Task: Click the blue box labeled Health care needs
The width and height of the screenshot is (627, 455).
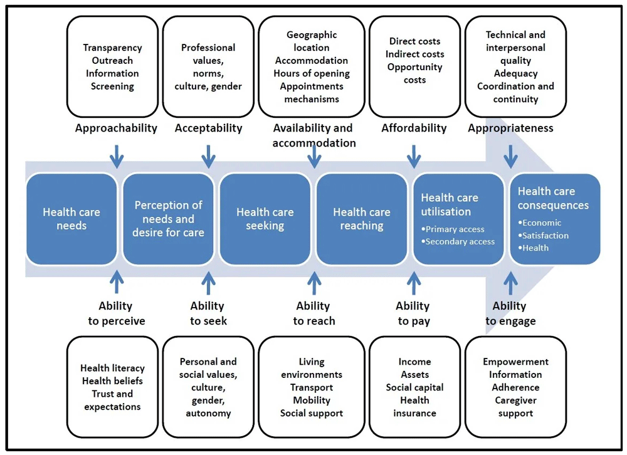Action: (x=71, y=219)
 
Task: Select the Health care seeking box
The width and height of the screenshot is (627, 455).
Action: (x=265, y=219)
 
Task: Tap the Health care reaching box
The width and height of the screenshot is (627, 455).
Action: (x=362, y=219)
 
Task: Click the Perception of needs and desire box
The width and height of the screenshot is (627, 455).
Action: (x=168, y=219)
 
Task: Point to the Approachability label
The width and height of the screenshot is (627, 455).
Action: (x=116, y=128)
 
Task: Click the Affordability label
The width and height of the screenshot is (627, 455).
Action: (x=414, y=128)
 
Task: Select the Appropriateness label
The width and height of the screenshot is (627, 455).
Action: (x=510, y=128)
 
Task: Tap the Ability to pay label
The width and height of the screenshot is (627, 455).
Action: (x=413, y=313)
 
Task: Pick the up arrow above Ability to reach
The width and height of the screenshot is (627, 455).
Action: (x=314, y=283)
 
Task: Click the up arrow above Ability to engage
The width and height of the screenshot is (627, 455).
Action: (x=510, y=283)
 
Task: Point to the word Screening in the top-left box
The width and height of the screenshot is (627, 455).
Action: (x=112, y=86)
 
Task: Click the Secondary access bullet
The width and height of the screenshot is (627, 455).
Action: (x=460, y=242)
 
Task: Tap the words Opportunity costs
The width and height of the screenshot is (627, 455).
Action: (x=414, y=73)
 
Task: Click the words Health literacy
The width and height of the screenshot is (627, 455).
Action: (x=112, y=368)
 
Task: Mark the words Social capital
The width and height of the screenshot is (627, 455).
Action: (x=414, y=387)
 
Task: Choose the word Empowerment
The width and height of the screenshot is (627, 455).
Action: (x=515, y=362)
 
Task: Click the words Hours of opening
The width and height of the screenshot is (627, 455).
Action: (x=311, y=73)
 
